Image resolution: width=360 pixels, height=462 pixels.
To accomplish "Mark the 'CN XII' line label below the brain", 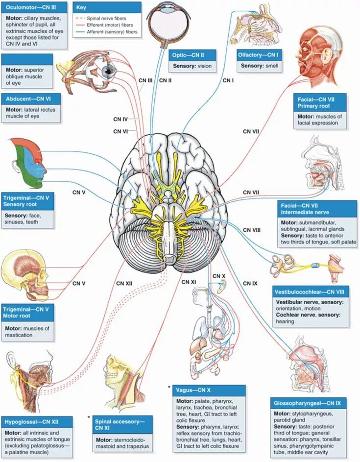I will click(124, 283).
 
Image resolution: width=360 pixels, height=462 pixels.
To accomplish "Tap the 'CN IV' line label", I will click(120, 120).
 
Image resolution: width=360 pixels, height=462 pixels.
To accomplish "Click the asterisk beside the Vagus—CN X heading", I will click(169, 388).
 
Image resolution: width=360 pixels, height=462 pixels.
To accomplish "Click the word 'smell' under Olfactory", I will click(272, 65).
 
